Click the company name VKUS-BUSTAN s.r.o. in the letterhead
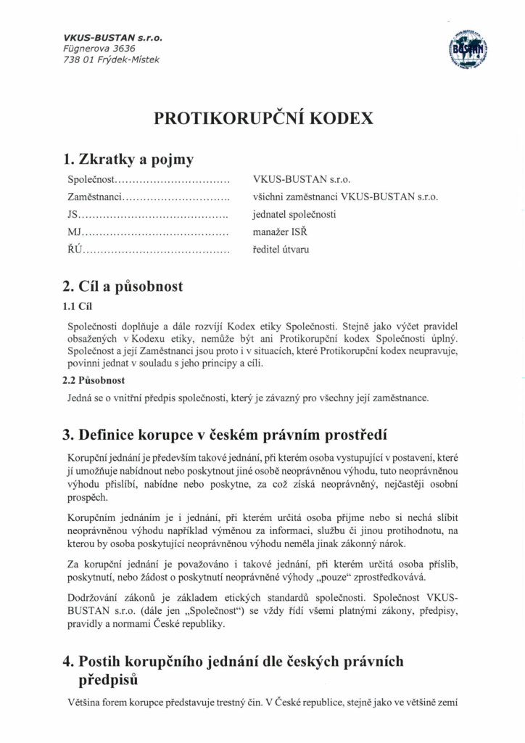click(113, 37)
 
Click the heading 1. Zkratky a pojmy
click(128, 159)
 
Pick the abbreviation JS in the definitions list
click(73, 215)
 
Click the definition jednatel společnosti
click(294, 215)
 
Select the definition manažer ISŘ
click(281, 233)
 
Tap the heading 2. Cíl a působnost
click(123, 286)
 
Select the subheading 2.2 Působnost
click(94, 379)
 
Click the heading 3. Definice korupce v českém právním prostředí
click(226, 435)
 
